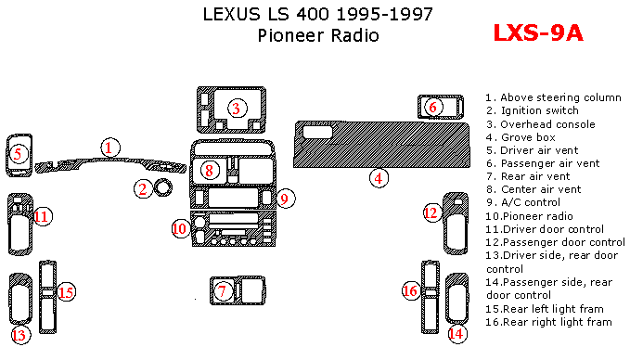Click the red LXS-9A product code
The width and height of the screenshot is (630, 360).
pos(538,33)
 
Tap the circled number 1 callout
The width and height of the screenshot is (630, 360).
pos(110,148)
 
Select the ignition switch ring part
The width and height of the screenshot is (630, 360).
pos(163,187)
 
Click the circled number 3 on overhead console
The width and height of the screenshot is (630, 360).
pos(237,108)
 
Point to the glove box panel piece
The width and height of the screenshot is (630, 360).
pos(381,144)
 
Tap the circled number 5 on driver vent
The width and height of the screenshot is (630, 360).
pos(18,154)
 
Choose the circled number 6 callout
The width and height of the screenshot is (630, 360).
pos(433,107)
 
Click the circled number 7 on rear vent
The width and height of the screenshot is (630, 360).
pos(222,291)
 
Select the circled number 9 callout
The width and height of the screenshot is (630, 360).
pos(285,199)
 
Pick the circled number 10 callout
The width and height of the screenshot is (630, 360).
pos(180,229)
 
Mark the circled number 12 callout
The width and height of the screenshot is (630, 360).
pos(432,212)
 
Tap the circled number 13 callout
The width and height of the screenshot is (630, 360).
pos(19,335)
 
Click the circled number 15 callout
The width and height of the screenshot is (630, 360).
pos(66,292)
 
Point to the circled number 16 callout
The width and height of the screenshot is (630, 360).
pos(411,290)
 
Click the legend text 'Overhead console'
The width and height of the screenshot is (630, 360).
pos(547,124)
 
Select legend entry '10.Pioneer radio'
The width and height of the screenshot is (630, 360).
pos(529,216)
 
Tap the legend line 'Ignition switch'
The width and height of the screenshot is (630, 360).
pos(540,110)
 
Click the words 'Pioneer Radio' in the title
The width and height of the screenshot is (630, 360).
pos(318,35)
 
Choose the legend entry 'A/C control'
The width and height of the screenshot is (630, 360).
pos(531,202)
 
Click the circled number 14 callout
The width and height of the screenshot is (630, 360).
pos(456,333)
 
